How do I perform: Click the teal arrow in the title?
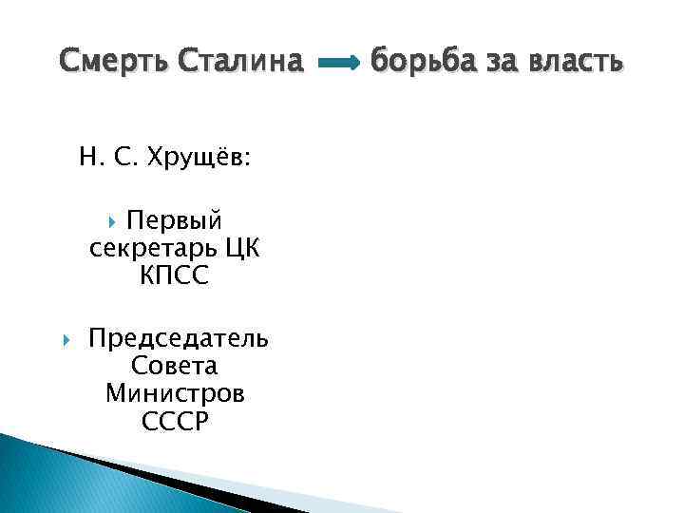click(x=337, y=64)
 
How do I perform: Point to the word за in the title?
click(x=504, y=63)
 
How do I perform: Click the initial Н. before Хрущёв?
click(x=90, y=158)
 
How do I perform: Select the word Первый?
click(x=175, y=221)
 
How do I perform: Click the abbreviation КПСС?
click(x=174, y=276)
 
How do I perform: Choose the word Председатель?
click(x=178, y=338)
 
